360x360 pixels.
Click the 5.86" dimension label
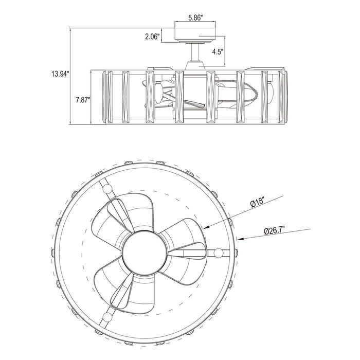click(x=195, y=17)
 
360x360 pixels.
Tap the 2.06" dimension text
click(x=152, y=37)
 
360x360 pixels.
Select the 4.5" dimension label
click(x=218, y=51)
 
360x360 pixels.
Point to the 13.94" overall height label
click(x=60, y=74)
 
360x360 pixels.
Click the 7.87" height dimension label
click(x=83, y=100)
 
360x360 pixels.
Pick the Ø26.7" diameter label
click(x=274, y=230)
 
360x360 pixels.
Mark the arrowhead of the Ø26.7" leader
click(x=240, y=239)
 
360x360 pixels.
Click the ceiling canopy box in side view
click(x=195, y=32)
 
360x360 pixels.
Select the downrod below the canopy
click(x=195, y=52)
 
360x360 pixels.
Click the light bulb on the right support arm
click(x=219, y=253)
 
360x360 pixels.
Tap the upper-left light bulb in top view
click(x=107, y=189)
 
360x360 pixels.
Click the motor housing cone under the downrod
click(x=195, y=65)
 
